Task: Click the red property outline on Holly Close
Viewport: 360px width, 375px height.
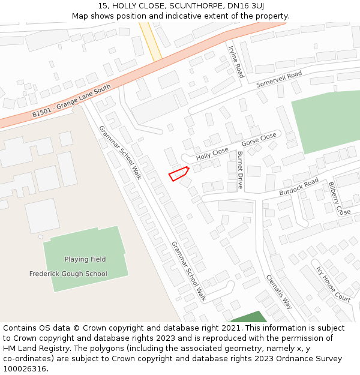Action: [x=179, y=174]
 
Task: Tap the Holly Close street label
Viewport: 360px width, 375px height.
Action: [x=212, y=152]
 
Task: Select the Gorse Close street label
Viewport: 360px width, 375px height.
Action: [x=259, y=140]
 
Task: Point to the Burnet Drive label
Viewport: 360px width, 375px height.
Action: [x=240, y=170]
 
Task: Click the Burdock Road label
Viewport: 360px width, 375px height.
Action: [x=299, y=187]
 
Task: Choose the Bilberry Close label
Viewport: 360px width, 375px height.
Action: [x=339, y=199]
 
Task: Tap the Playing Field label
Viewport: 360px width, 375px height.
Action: [x=85, y=259]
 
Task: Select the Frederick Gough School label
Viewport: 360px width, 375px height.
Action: [x=68, y=274]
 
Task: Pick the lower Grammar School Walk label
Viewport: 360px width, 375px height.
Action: [x=189, y=271]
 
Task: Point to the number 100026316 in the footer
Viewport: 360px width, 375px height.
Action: [x=24, y=368]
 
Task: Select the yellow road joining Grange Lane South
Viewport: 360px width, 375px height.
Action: [x=151, y=41]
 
